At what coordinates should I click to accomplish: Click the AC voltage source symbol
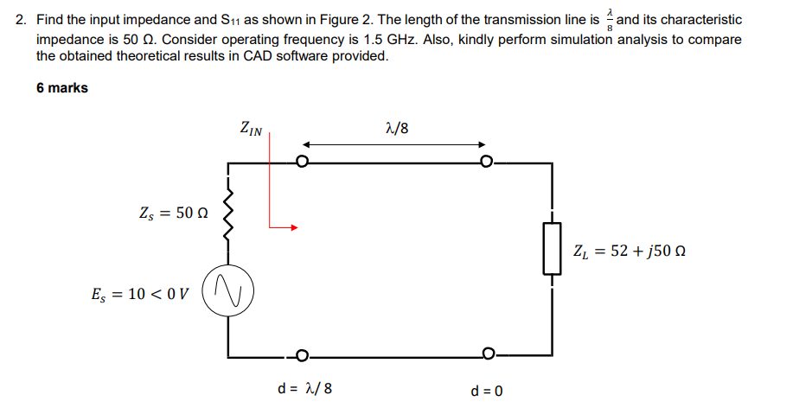227,290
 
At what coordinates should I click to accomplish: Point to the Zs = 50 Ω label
173,213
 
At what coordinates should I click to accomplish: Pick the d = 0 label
487,391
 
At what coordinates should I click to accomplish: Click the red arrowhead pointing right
294,228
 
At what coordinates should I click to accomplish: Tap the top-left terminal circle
301,162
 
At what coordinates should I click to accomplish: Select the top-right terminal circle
488,162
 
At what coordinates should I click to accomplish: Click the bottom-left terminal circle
301,354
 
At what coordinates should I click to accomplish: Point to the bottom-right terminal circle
489,354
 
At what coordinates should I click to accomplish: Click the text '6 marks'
62,88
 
